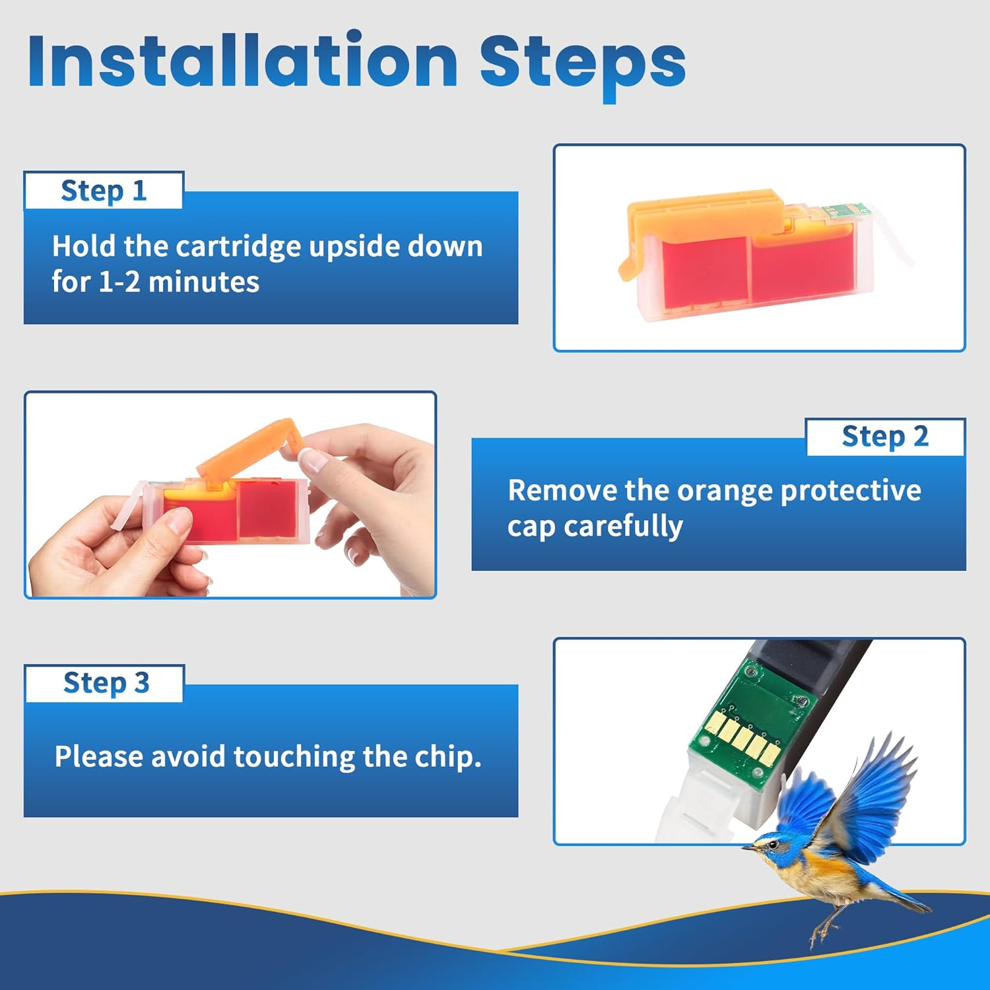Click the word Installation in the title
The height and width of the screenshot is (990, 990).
(243, 61)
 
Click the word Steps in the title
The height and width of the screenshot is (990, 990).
(583, 65)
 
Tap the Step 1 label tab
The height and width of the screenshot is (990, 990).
(104, 191)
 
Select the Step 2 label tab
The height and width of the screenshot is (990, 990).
(885, 437)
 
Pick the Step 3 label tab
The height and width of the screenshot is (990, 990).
(106, 683)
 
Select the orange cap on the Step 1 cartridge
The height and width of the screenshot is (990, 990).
(700, 221)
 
